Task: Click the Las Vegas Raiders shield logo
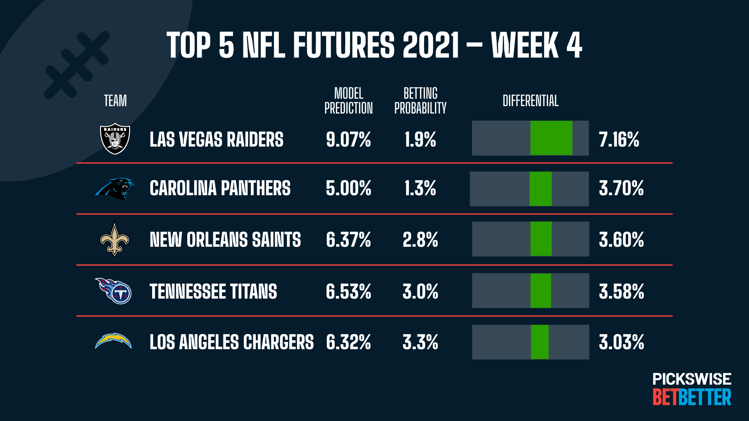point(115,139)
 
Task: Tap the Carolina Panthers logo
point(115,188)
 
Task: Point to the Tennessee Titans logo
point(114,291)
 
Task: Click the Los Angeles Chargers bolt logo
point(114,341)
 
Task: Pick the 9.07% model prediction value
point(348,140)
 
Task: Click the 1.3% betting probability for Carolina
point(420,188)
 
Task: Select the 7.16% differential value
point(619,140)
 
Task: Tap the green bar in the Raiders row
point(551,138)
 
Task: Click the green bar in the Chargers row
point(540,342)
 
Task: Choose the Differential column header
point(530,101)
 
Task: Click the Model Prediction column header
point(348,101)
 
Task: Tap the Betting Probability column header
point(420,101)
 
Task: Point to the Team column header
point(115,101)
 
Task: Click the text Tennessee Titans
point(213,292)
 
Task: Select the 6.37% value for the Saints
point(348,239)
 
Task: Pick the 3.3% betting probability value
point(420,342)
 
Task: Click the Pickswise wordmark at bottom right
point(692,379)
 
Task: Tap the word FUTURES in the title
point(344,45)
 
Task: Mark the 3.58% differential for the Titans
point(621,292)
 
